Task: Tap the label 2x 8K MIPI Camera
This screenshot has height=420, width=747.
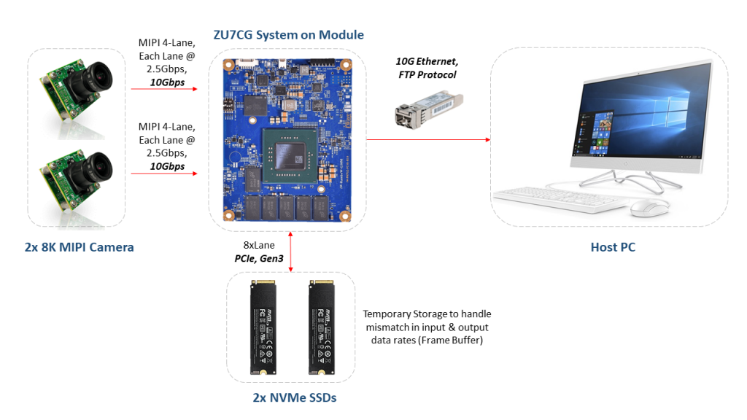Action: pos(79,247)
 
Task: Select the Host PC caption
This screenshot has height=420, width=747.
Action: pos(612,247)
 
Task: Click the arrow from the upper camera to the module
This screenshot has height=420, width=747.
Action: pos(164,90)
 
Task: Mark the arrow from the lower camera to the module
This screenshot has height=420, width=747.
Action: pos(164,174)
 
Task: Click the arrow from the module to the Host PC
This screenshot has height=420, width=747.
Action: pos(427,139)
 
